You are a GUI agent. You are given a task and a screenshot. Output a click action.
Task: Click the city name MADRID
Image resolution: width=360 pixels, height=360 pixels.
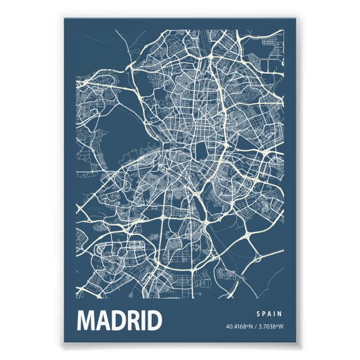(x=119, y=320)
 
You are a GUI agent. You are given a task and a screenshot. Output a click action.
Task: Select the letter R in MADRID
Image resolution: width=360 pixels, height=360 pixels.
(x=135, y=320)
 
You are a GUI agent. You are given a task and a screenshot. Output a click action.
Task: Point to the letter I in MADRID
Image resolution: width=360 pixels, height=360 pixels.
(x=146, y=320)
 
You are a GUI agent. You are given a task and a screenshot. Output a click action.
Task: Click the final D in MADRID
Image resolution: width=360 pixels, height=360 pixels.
(x=155, y=320)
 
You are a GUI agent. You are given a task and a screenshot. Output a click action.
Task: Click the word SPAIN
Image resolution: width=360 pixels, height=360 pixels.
(x=269, y=314)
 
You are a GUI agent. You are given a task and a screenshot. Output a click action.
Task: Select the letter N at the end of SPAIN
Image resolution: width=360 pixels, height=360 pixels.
(x=280, y=314)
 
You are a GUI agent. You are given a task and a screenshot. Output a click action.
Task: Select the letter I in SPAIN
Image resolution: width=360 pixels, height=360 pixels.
(x=274, y=314)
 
